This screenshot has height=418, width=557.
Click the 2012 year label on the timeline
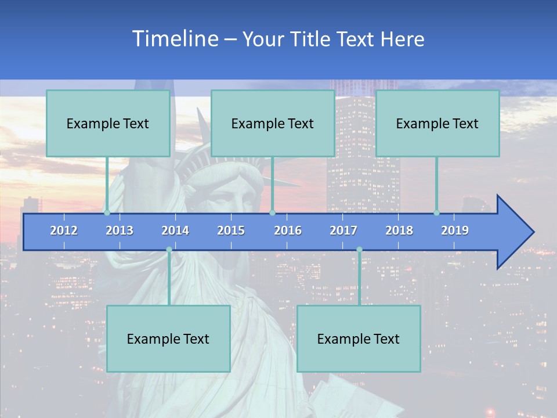click(64, 230)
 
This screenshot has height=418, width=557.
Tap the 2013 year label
click(120, 230)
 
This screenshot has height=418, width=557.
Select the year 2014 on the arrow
click(175, 230)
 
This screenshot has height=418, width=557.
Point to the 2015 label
click(231, 230)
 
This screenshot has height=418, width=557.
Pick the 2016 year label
click(288, 230)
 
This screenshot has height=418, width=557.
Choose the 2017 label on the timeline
click(343, 230)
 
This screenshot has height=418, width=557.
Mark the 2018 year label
click(399, 230)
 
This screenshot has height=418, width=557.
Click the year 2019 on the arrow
click(455, 230)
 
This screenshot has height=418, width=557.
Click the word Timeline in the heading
click(175, 39)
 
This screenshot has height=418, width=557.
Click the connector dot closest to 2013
click(107, 212)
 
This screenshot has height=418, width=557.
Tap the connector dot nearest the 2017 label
click(359, 250)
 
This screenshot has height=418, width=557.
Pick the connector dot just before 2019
click(437, 212)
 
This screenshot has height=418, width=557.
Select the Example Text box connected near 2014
click(168, 338)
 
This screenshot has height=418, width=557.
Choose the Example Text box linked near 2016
click(273, 123)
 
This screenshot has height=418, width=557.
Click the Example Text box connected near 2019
click(437, 123)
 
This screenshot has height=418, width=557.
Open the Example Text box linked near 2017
click(359, 338)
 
